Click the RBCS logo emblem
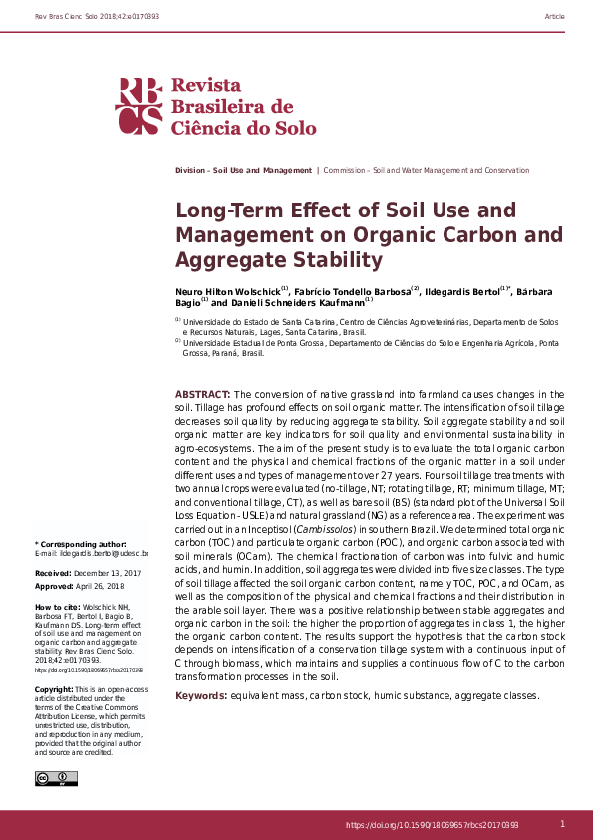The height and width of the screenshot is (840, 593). click(139, 106)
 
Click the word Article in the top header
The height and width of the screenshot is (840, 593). click(555, 17)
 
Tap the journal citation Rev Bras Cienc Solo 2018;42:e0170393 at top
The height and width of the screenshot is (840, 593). click(83, 17)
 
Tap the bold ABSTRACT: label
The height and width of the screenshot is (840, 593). click(202, 396)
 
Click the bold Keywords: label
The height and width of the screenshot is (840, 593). click(205, 694)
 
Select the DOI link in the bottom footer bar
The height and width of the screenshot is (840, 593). click(432, 825)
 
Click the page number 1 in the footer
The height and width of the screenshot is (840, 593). click(562, 824)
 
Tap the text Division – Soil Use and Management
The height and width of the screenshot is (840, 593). click(243, 171)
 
